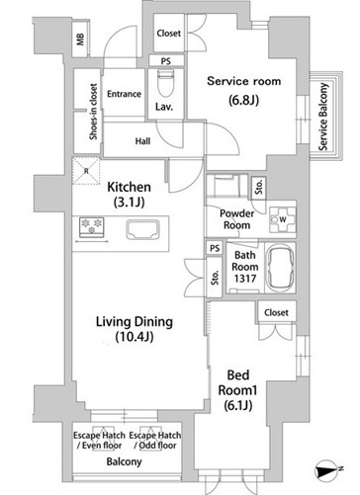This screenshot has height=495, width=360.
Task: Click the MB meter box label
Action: [x=80, y=40]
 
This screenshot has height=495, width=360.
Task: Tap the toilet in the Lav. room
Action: [x=165, y=82]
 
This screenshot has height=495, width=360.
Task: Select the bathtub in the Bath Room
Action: [x=280, y=268]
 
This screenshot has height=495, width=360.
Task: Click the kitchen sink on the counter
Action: [x=142, y=229]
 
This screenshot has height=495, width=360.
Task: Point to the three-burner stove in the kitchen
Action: [x=92, y=227]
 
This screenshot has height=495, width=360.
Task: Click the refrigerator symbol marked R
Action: [x=86, y=171]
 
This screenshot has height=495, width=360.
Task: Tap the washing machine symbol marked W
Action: [x=282, y=219]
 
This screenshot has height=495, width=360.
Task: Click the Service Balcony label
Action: [x=323, y=117]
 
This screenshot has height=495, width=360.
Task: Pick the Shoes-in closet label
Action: [x=94, y=112]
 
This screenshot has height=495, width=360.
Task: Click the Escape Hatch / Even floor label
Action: [x=99, y=441]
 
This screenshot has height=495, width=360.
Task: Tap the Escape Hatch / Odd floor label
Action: [x=155, y=441]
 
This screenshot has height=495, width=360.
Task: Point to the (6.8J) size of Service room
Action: [x=243, y=100]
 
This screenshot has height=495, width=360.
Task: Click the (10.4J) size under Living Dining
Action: [x=135, y=337]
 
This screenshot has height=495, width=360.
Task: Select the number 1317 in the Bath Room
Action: [x=245, y=279]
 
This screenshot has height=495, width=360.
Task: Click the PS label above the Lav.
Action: [x=166, y=61]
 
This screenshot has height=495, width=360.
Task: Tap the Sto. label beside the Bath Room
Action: [x=215, y=278]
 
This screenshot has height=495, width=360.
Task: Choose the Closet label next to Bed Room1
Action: [x=276, y=312]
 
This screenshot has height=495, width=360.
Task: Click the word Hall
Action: [x=142, y=141]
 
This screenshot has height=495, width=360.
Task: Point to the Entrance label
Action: [x=124, y=94]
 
